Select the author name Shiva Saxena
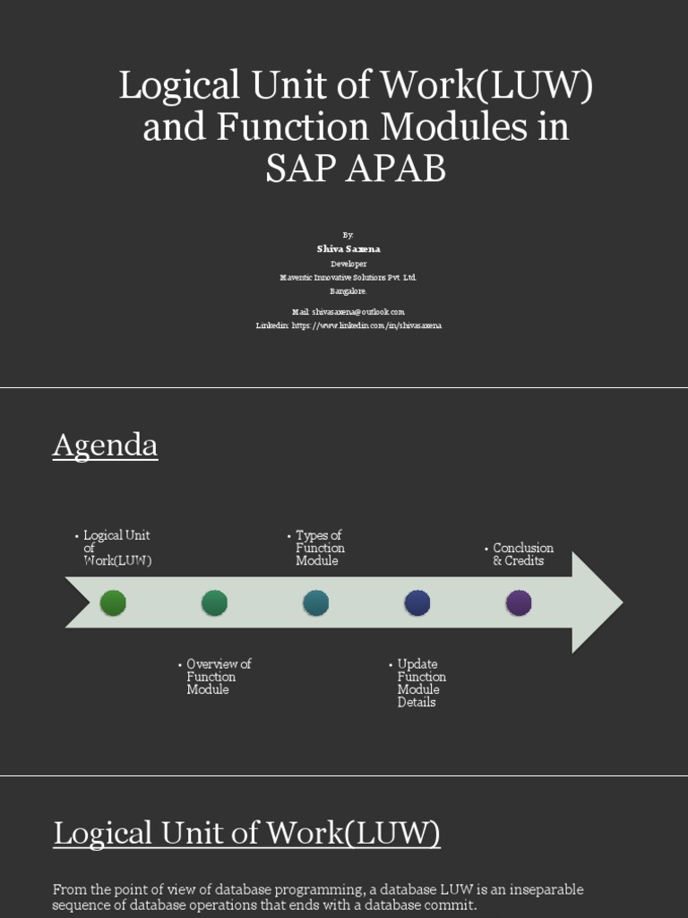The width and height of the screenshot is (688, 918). pos(348,248)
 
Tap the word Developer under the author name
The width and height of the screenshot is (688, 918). pos(348,264)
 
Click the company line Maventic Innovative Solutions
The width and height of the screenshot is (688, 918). pos(348,278)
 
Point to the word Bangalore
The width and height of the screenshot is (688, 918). pos(348,291)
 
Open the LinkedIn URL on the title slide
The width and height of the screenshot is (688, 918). pos(366,325)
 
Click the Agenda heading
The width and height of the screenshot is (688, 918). pos(105,445)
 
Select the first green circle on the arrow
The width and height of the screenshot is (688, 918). pos(113,602)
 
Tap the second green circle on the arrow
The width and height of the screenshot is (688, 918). pos(214,602)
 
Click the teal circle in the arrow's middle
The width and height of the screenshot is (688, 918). pos(315,602)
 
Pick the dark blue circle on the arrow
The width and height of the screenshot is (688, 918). pos(417,602)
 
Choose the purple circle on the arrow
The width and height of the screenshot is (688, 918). pos(519,602)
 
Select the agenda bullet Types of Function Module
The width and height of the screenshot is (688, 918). pos(320,548)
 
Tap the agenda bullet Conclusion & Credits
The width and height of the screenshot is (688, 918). pos(522,554)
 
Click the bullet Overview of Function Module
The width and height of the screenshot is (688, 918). pos(218,677)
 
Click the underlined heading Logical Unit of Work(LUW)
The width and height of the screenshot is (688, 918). pos(246,833)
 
